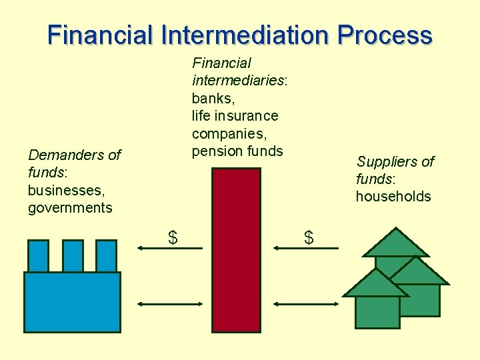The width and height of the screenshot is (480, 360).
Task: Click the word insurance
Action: click(x=247, y=115)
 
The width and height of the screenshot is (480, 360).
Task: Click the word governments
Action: click(x=70, y=207)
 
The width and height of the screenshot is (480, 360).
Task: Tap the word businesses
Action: click(x=66, y=190)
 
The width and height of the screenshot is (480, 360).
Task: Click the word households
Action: click(x=393, y=196)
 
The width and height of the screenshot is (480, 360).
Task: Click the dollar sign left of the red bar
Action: click(x=173, y=237)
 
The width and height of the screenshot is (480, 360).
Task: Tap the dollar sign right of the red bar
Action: click(x=309, y=237)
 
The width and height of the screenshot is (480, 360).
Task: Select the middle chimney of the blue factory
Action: click(x=73, y=255)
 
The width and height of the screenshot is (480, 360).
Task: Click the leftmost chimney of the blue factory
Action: click(x=39, y=255)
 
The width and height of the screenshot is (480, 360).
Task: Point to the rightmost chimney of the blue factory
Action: click(x=106, y=255)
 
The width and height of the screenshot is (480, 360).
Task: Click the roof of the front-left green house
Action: click(x=375, y=283)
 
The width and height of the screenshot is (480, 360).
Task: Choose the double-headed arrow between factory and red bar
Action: click(x=169, y=304)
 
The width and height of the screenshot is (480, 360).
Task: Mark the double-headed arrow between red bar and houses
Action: click(x=307, y=304)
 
